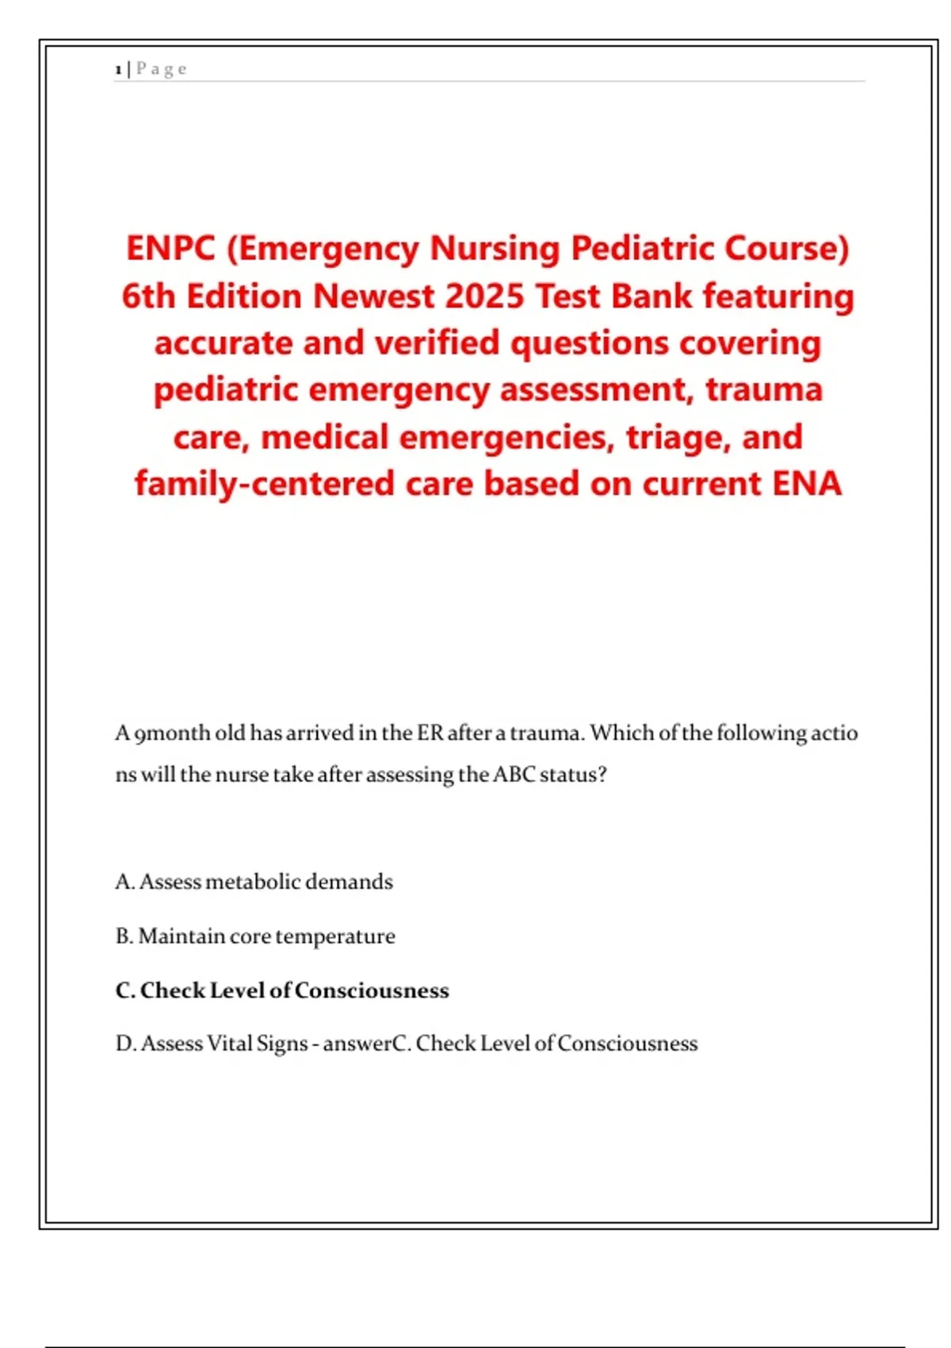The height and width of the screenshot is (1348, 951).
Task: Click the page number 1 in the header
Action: click(118, 70)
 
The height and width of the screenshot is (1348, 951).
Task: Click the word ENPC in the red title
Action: click(170, 248)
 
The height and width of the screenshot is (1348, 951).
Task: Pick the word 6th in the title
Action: click(148, 296)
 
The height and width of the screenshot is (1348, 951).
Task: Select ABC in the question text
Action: click(514, 774)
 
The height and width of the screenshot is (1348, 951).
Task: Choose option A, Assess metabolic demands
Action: click(254, 882)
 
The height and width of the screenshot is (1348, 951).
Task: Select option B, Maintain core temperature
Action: click(254, 936)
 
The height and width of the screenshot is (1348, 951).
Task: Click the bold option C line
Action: click(282, 990)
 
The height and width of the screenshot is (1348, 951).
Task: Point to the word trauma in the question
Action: click(547, 733)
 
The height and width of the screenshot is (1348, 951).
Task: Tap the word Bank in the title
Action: click(651, 296)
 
